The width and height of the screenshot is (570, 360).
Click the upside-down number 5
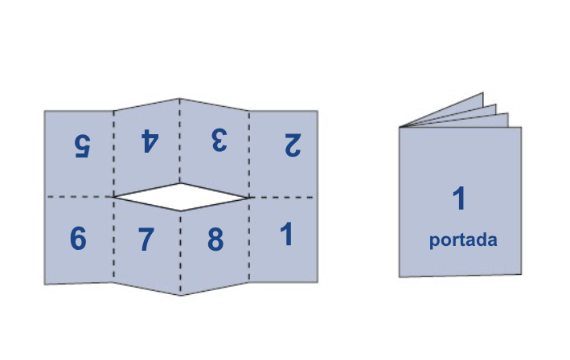tap(83, 145)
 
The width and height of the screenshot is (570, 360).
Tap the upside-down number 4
tap(150, 141)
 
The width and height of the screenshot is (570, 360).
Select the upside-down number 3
tap(219, 140)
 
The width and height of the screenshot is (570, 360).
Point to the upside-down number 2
tap(293, 145)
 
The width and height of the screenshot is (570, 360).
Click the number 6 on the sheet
tap(78, 239)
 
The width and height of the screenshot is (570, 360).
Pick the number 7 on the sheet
tap(146, 239)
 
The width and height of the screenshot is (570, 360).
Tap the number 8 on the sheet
tap(215, 239)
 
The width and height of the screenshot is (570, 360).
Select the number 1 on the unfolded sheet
tap(287, 234)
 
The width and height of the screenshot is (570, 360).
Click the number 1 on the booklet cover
tap(459, 198)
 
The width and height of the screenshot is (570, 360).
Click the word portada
tap(463, 240)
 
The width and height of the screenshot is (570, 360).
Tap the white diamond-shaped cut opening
tap(181, 197)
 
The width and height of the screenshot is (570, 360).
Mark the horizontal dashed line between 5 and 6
tap(79, 197)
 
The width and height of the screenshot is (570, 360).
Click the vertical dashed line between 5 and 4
tap(114, 154)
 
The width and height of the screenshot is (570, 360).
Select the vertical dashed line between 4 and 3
tap(179, 141)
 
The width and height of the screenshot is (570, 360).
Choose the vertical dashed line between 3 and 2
tap(249, 154)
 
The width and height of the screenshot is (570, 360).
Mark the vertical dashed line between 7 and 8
tap(181, 253)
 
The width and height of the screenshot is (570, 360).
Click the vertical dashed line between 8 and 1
tap(249, 239)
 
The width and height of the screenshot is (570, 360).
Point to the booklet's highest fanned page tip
tap(482, 93)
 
